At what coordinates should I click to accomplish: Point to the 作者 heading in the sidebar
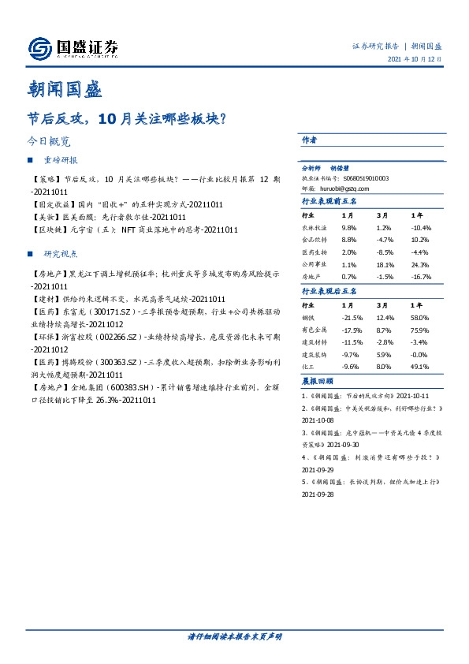pyautogui.click(x=309, y=140)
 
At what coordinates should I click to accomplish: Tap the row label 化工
pyautogui.click(x=308, y=367)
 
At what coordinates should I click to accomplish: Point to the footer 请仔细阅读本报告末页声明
pyautogui.click(x=235, y=637)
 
